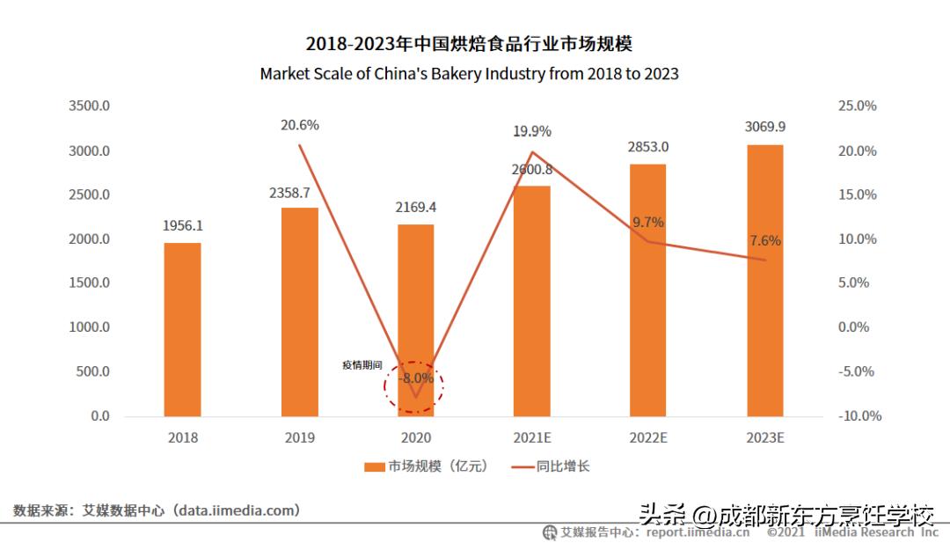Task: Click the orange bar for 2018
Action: point(182,329)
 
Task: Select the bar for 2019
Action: point(299,312)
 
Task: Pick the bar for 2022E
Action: point(647,290)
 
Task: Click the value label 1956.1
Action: point(182,226)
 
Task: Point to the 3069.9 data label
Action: point(764,127)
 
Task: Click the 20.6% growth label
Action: point(299,125)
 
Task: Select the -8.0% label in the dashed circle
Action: point(415,378)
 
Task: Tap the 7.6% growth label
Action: point(764,241)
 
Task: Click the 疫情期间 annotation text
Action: point(362,364)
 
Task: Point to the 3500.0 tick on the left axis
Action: point(90,106)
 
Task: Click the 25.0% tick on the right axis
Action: point(858,106)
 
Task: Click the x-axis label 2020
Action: point(415,437)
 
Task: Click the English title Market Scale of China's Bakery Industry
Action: point(469,74)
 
